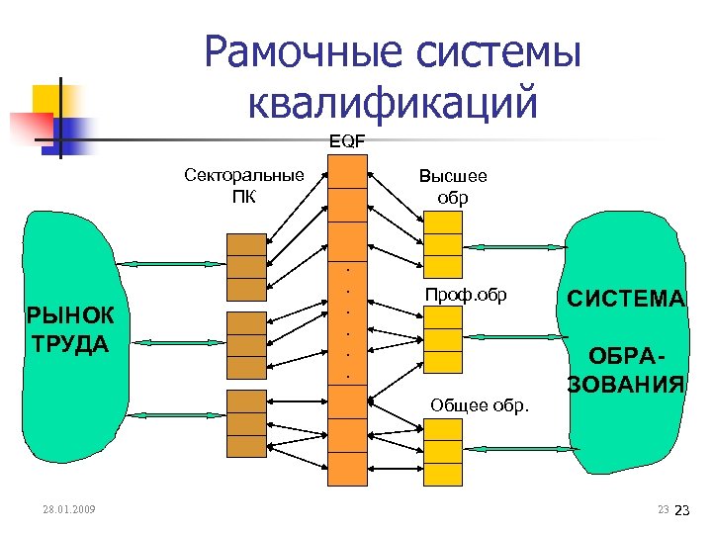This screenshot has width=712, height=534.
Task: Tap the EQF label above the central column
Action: (346, 141)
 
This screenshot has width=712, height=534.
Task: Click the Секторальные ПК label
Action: (244, 185)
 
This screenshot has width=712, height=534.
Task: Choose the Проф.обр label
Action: (465, 295)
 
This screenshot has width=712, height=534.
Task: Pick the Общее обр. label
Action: (480, 403)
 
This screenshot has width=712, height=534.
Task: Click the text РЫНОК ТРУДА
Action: (70, 330)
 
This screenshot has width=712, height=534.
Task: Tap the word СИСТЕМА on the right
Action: (625, 298)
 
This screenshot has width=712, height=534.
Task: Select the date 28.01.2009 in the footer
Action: (69, 509)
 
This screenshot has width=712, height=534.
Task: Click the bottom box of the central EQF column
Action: (347, 469)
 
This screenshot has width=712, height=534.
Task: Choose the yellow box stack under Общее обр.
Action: (443, 451)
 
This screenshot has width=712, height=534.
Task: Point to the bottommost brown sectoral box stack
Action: (246, 423)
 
